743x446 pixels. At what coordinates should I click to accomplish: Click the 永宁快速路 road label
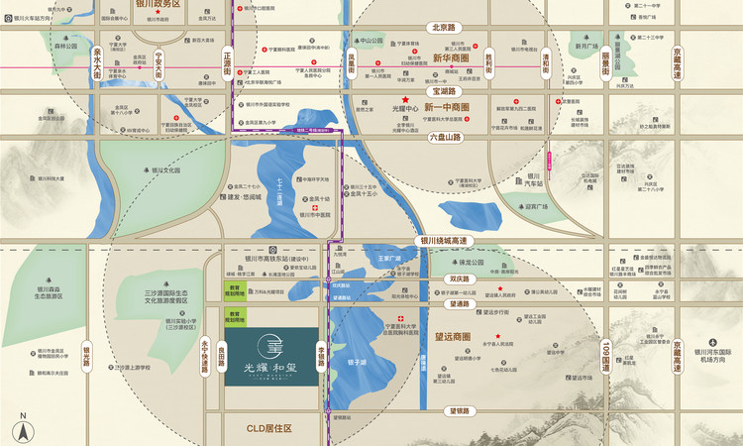click(205, 356)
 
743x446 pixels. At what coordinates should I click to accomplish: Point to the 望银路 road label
click(458, 410)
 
